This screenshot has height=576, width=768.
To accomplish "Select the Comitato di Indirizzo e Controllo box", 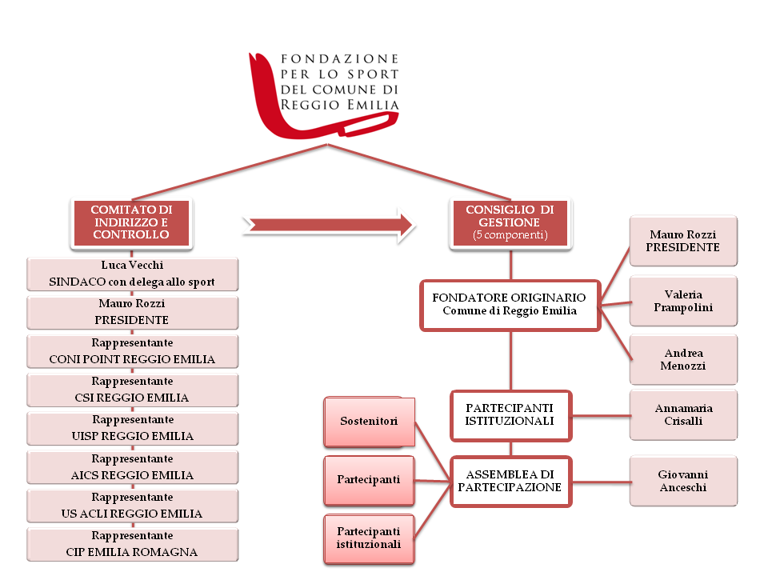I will tap(131, 222).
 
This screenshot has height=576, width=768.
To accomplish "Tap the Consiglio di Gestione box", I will tap(510, 222).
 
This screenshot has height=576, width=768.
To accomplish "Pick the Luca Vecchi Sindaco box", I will tap(132, 274).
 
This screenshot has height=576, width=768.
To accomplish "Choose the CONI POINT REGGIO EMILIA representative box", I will tap(132, 351).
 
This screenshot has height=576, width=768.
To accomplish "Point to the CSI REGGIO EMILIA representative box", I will tap(132, 390).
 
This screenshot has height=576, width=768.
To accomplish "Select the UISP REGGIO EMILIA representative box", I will tap(132, 428).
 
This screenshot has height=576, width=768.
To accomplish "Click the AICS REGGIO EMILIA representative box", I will tap(132, 467).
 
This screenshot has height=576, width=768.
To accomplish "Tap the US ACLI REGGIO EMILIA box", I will tap(132, 506).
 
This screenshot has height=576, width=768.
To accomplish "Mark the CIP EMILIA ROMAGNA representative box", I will tap(132, 544).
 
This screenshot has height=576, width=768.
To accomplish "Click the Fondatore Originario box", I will tap(510, 304).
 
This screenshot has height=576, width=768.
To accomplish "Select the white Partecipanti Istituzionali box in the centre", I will tap(510, 414).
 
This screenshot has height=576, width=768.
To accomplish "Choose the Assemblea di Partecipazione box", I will tap(510, 481).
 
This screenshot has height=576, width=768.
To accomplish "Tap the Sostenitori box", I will tap(369, 421).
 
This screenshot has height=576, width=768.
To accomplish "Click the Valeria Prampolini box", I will tap(683, 301).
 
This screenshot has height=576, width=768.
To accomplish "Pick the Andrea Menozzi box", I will tap(683, 360).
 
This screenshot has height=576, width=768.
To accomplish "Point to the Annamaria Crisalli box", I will tap(683, 414).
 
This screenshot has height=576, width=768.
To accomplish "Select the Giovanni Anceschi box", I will tap(683, 481).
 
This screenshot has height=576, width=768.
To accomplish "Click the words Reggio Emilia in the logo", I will tap(339, 105).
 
